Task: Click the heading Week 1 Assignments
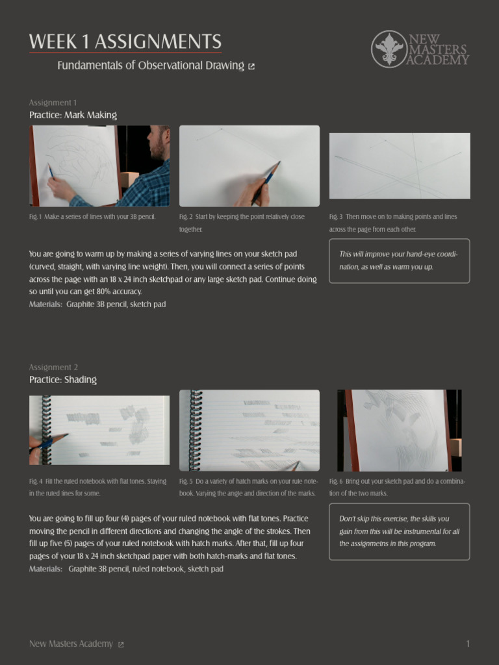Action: point(125,42)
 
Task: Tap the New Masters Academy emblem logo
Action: point(389,49)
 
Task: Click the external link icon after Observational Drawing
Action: point(251,66)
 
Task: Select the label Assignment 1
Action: point(53,103)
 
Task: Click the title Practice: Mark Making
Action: point(73,115)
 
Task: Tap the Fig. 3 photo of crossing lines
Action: point(400,166)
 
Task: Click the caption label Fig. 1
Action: point(35,217)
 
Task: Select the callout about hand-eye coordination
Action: point(399,260)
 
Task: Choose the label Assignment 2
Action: point(53,368)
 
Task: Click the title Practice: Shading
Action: point(63,380)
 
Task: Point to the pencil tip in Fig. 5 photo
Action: point(296,464)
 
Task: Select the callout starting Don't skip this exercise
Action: point(399,531)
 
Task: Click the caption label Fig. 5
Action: point(186,482)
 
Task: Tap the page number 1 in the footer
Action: point(468,644)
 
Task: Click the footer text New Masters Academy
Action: point(71,644)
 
